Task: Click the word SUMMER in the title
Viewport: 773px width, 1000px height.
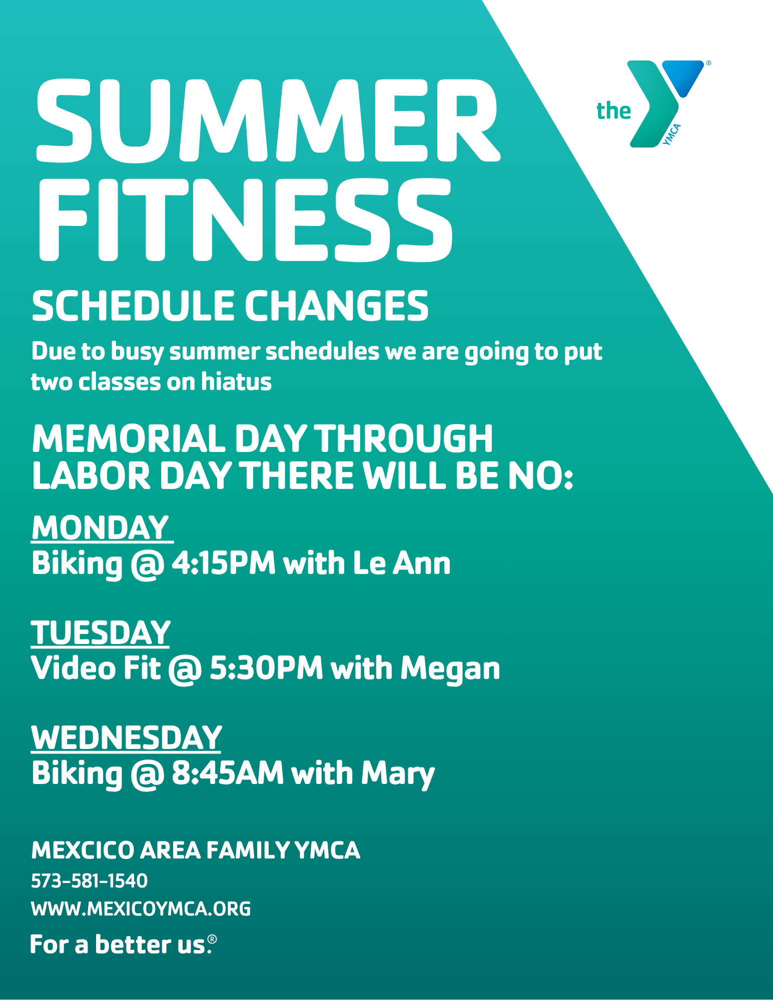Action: click(268, 120)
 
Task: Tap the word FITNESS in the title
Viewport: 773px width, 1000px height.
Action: click(246, 220)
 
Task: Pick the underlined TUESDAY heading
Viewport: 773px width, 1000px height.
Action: click(101, 632)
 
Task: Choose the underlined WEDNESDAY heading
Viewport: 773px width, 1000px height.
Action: click(126, 737)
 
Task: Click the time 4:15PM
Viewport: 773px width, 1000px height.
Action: click(224, 563)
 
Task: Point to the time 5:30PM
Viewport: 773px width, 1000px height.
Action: click(266, 668)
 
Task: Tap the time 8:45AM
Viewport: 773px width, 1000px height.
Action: click(228, 773)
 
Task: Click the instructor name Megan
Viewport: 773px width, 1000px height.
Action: click(450, 670)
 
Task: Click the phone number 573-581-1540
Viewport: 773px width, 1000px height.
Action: click(89, 881)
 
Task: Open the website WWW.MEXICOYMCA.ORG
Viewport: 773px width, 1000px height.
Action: click(141, 908)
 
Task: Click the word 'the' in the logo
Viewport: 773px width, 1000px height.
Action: click(613, 110)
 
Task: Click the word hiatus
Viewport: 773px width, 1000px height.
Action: click(236, 381)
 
